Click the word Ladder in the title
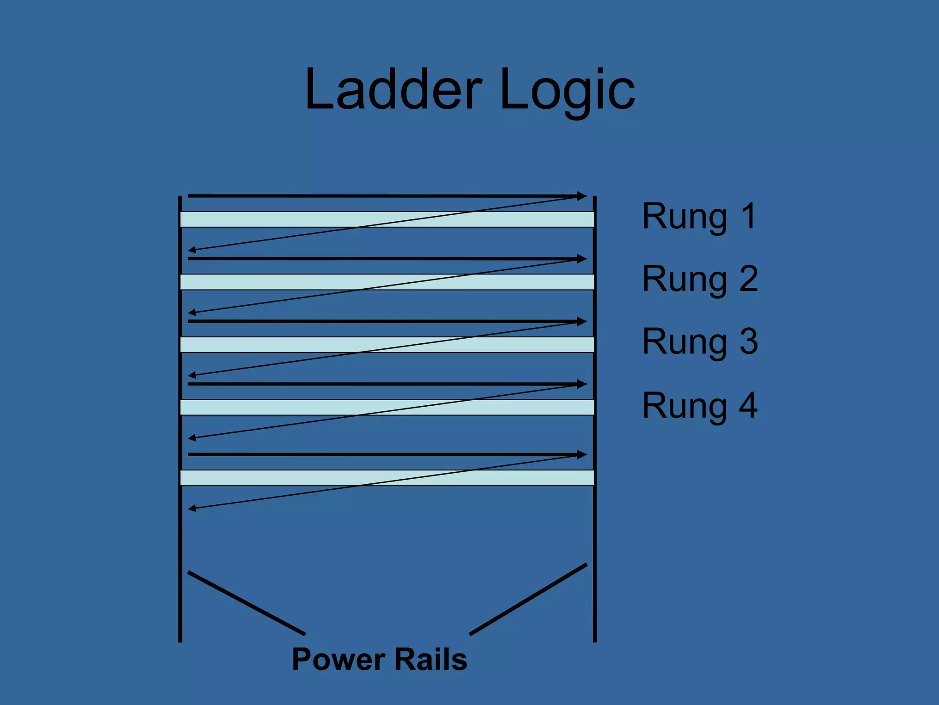click(393, 90)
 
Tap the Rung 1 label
click(699, 216)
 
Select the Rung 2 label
click(700, 279)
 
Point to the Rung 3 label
click(700, 341)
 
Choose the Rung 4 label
click(700, 406)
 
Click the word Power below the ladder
click(338, 660)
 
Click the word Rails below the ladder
click(431, 660)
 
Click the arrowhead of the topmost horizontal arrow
click(582, 196)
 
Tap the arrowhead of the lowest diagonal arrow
click(192, 508)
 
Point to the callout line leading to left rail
click(247, 603)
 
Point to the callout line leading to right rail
click(528, 599)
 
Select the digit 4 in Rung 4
click(748, 406)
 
